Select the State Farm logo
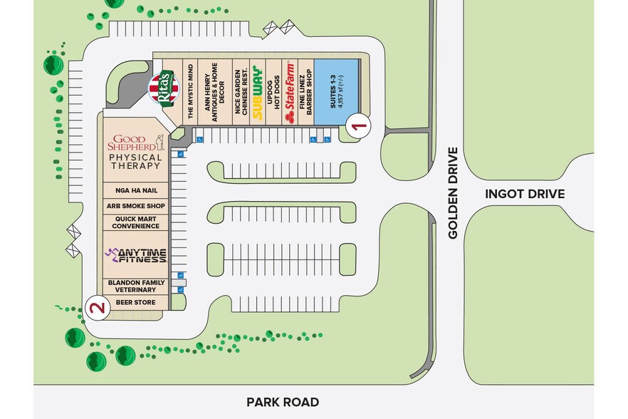(290, 91)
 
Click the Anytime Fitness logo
(135, 254)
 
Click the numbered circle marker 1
(360, 126)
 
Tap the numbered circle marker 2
(97, 308)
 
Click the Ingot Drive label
(524, 194)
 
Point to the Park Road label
(283, 402)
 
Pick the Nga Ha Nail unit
(135, 190)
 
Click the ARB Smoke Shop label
(135, 206)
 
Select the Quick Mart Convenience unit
(135, 222)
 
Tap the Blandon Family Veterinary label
(135, 286)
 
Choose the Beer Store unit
(135, 303)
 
